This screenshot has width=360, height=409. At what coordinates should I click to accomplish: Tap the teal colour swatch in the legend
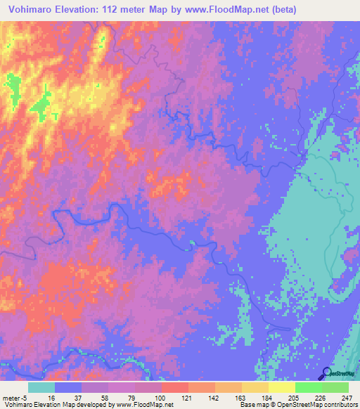coord(41,387)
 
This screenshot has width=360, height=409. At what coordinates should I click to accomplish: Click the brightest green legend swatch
coord(309,387)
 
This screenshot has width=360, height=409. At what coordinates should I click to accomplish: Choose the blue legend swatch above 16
coord(68,387)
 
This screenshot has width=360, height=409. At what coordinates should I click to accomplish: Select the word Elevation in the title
coord(91,10)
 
